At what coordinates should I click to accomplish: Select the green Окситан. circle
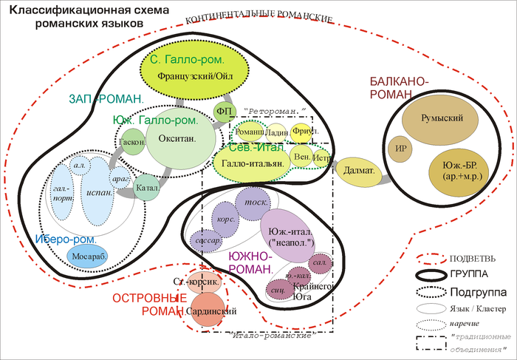(x=182, y=138)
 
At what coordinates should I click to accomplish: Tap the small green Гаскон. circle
(x=131, y=141)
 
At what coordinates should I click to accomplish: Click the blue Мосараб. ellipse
(x=88, y=256)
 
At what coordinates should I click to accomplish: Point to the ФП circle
(x=225, y=111)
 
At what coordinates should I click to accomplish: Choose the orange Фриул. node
(x=301, y=131)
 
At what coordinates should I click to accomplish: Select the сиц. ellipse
(x=280, y=291)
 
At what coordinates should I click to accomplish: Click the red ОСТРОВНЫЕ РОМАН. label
(x=148, y=305)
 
